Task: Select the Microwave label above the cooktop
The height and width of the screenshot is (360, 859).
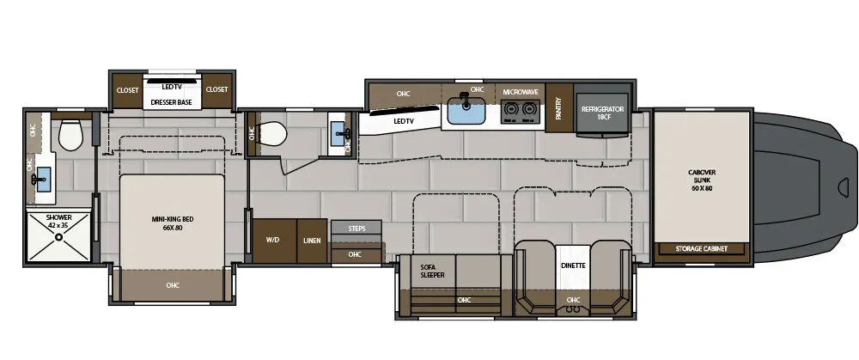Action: pos(521,91)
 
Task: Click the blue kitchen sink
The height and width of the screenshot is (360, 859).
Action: pos(465,110)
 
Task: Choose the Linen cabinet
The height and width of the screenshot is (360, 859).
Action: pos(312,241)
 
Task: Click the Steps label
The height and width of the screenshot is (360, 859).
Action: pos(356,229)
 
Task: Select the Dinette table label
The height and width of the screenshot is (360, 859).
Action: pos(573,265)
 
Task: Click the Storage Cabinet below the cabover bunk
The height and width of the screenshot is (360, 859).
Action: pos(702,249)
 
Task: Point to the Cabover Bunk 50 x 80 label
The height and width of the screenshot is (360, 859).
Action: pos(702,180)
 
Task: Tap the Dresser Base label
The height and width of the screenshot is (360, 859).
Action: pos(171,102)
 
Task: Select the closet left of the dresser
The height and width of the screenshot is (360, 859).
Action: pos(127,89)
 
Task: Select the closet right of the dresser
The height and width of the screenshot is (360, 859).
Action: pos(216,89)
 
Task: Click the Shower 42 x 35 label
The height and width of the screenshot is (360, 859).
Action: pos(59,221)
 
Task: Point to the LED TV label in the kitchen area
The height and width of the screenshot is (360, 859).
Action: pos(404,121)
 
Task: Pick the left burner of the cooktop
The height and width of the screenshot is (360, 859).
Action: pos(511,110)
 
